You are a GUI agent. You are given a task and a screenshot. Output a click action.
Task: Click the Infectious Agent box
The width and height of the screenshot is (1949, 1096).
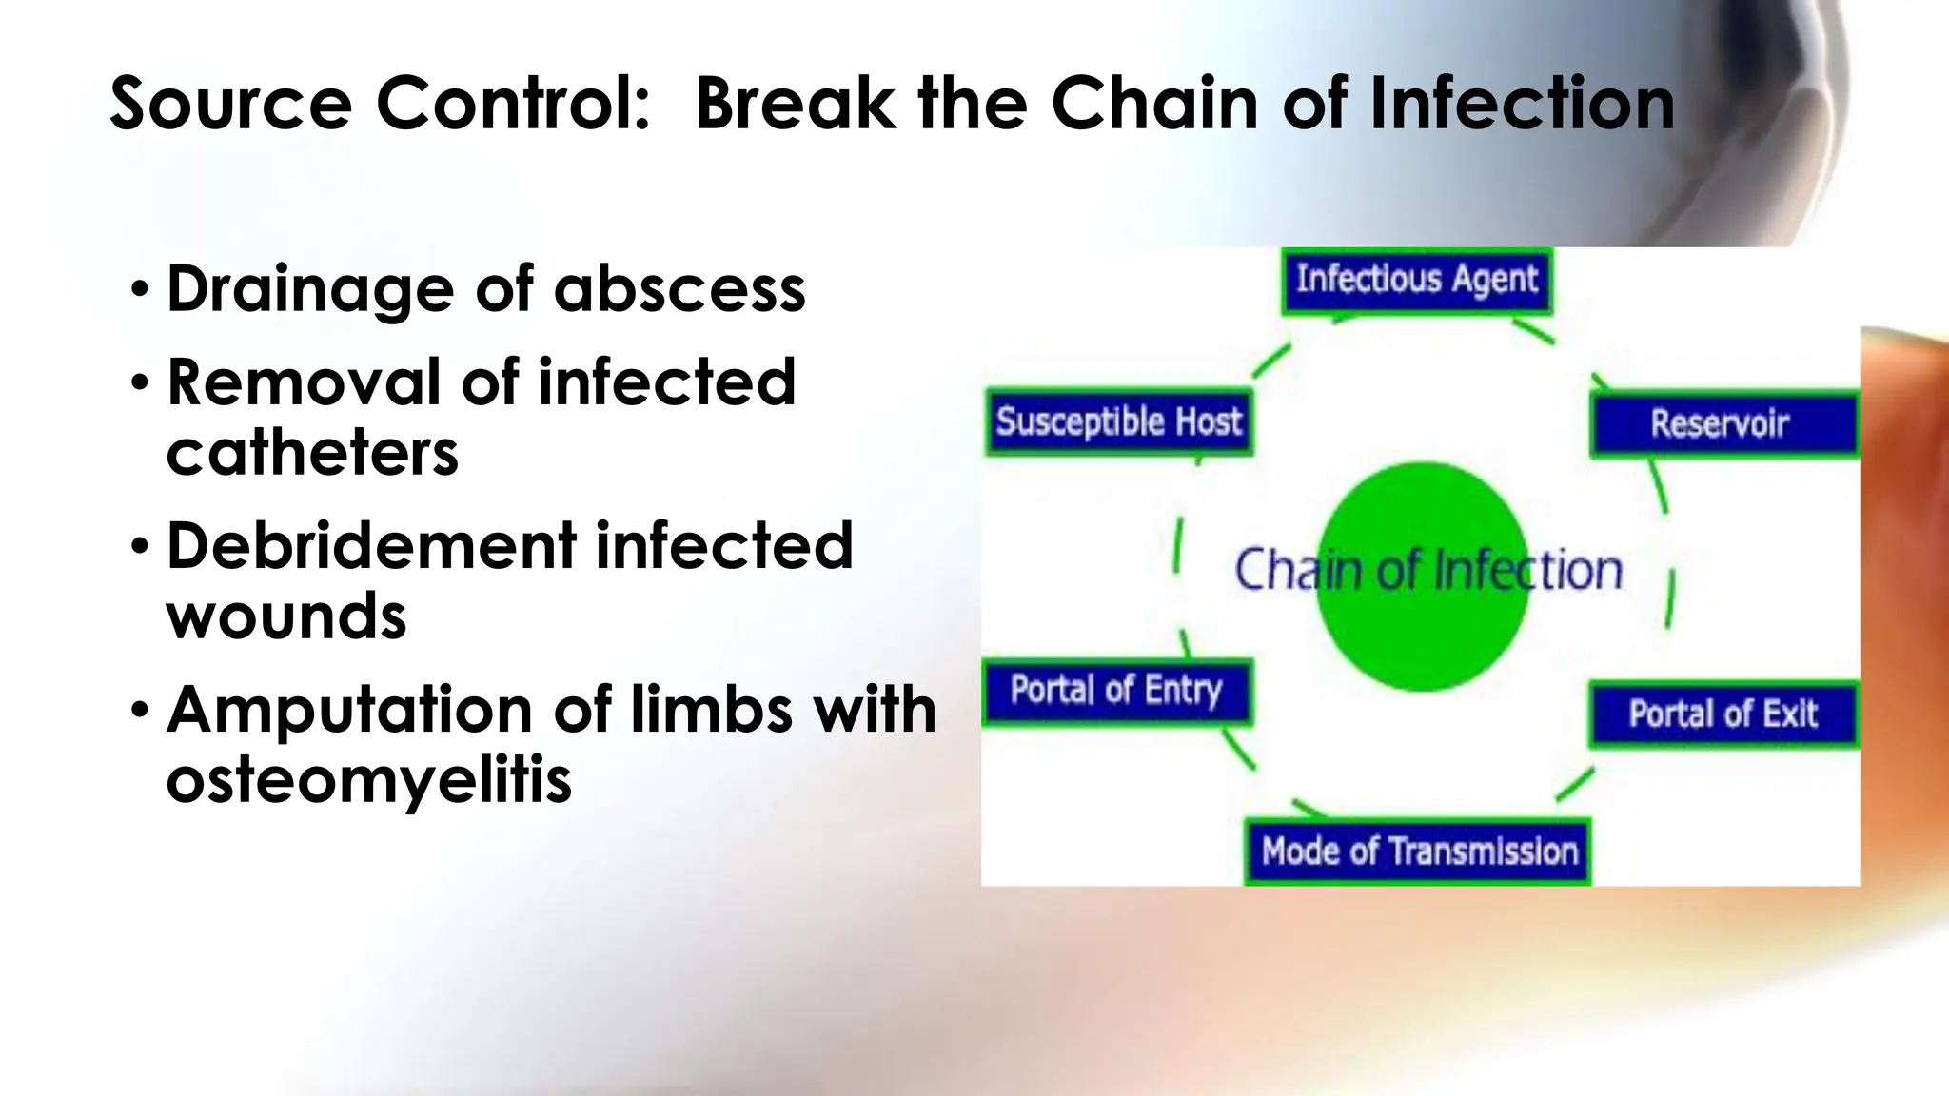tap(1416, 281)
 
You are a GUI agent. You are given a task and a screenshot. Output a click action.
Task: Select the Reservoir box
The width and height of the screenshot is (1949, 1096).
tap(1723, 423)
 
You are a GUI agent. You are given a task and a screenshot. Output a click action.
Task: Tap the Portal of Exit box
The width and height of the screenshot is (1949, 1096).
tap(1723, 714)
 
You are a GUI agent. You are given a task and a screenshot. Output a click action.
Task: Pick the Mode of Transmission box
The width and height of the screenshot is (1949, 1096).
tap(1418, 851)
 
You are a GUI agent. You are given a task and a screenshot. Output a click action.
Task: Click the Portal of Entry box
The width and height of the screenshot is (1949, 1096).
tap(1116, 690)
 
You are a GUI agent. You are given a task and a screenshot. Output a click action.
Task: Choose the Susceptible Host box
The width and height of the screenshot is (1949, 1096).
tap(1118, 421)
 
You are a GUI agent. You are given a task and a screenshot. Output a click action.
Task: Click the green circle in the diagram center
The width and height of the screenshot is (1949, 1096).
tap(1422, 628)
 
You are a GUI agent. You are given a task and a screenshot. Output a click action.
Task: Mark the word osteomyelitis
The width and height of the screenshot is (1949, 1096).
tap(369, 780)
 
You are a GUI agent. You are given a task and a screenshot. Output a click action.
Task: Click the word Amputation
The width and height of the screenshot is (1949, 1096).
tap(349, 710)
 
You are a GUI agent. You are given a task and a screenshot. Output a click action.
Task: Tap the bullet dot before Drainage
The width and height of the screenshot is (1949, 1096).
tap(140, 289)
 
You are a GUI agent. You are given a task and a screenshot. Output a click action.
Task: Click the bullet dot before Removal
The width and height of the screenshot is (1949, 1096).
tap(140, 383)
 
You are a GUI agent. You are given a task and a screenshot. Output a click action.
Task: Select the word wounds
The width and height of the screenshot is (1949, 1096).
tap(286, 616)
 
